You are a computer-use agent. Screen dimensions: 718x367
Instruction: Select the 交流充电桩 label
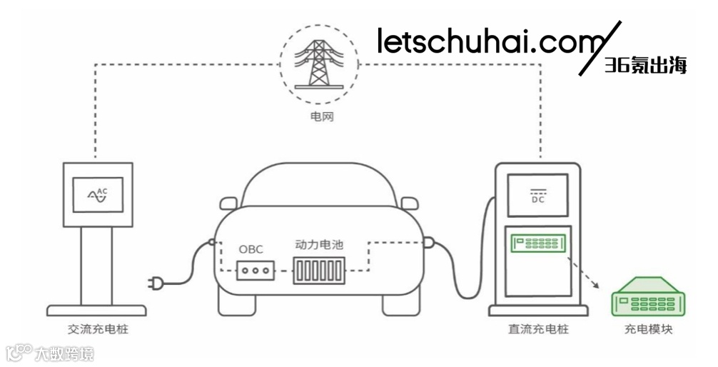click(x=98, y=329)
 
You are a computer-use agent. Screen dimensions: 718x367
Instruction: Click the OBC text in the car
click(x=251, y=249)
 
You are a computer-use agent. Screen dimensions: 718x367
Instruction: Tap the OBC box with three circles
click(x=256, y=271)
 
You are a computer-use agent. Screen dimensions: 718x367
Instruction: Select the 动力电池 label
click(x=319, y=245)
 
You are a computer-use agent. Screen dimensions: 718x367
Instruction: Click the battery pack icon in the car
click(x=319, y=271)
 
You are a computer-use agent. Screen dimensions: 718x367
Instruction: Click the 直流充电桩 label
click(x=540, y=329)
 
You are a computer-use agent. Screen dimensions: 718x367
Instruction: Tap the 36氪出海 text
click(x=645, y=66)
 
